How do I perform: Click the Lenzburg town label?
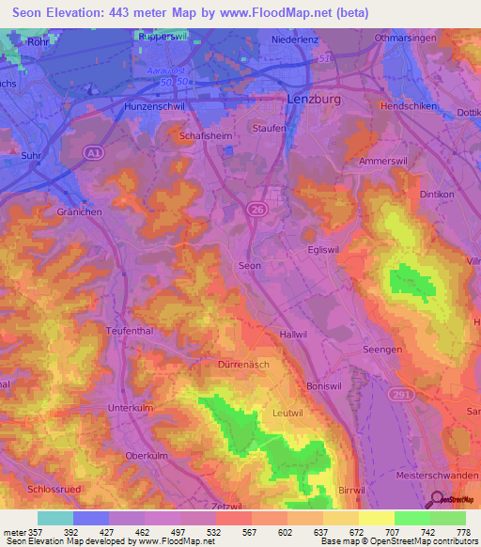312,98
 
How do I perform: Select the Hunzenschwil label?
158,107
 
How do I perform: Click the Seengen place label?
382,350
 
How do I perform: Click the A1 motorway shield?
92,149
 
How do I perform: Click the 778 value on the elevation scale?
462,532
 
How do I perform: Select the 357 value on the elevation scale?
29,532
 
